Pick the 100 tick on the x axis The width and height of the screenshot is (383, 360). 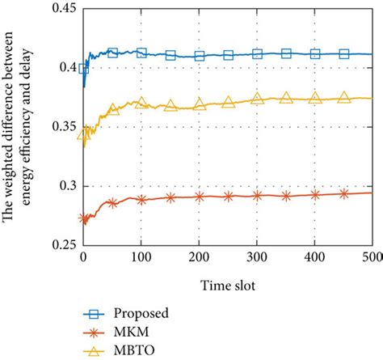click(141, 257)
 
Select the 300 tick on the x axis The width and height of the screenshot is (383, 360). click(257, 257)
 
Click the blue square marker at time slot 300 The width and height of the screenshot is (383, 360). click(257, 54)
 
